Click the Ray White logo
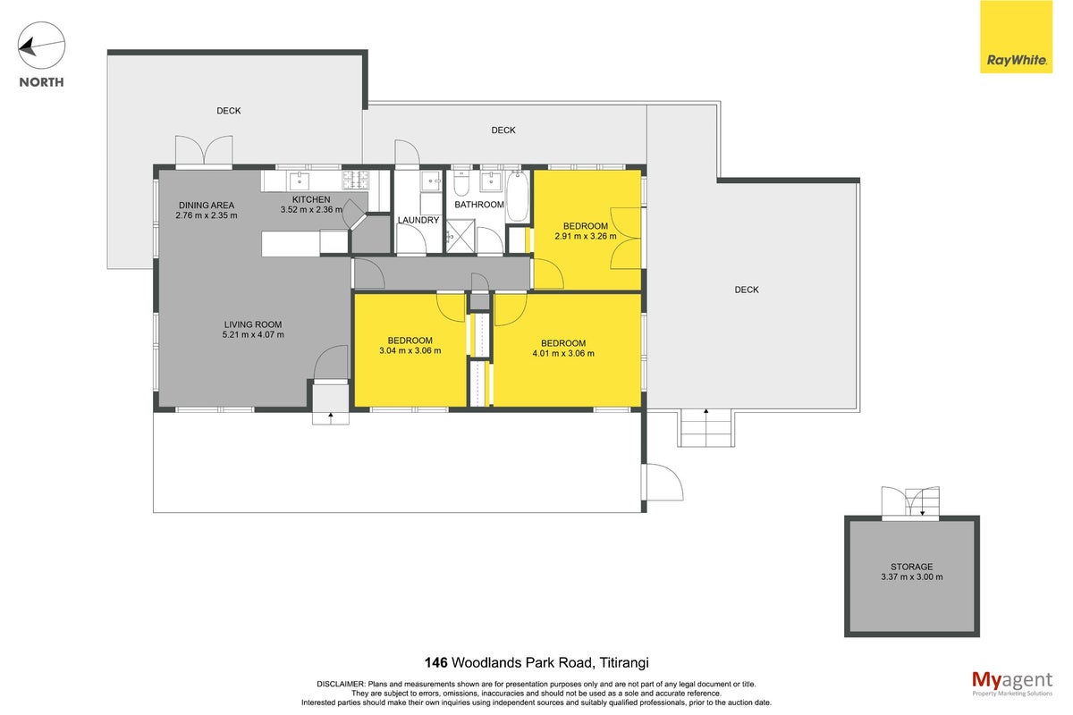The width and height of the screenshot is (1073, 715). coord(1016,37)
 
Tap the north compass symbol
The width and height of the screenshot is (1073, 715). coord(41,46)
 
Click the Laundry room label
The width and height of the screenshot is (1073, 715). coord(418,220)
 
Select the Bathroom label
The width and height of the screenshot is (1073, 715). coord(479,205)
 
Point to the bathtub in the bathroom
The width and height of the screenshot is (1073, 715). coord(518,197)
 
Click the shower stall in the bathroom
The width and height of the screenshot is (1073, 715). coord(460,236)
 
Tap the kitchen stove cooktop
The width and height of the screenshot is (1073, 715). coord(356,180)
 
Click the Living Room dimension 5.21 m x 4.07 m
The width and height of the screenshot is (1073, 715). coord(253,335)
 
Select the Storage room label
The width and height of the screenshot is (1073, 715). coord(911,567)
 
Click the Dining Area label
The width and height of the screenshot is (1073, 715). coord(207,205)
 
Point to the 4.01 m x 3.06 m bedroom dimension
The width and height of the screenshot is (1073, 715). coord(563,353)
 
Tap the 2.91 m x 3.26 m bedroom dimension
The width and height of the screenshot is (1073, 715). coord(586,236)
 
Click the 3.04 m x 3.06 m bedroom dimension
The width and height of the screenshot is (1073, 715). coord(410,350)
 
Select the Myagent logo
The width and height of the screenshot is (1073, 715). coord(1012,683)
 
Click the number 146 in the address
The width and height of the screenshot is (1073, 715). coord(436,663)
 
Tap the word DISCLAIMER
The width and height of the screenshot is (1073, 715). coord(341,685)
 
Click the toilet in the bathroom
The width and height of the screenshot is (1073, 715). coord(460,183)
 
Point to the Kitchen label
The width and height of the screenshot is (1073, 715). coord(311,199)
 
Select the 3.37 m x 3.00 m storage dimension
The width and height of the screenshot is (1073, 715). coord(911,577)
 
